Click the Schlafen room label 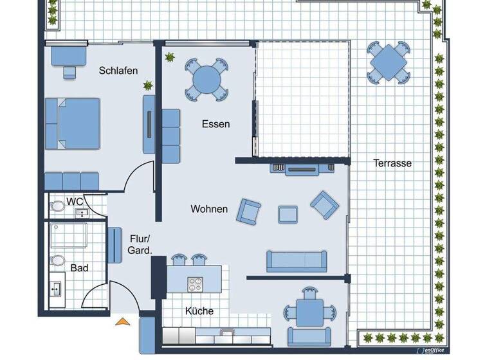coord(118,71)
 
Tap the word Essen coord(215,124)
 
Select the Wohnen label coord(208,209)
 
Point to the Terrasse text coord(392,163)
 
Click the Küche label coord(199,311)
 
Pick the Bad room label coord(79,267)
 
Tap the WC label coord(75,202)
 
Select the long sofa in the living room coord(295,260)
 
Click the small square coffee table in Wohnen coord(288,213)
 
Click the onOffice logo coord(440,351)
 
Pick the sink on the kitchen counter coord(228,333)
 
